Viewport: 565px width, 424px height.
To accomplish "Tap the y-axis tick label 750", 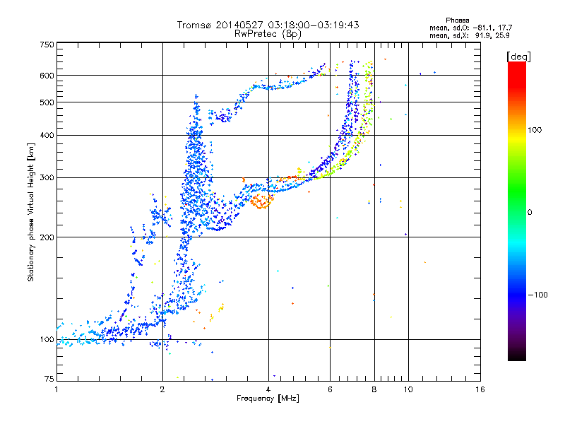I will (47, 45).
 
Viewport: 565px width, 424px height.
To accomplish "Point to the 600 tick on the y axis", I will (47, 76).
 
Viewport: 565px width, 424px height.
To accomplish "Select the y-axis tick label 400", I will (47, 136).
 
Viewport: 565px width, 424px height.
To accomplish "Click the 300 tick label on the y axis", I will (47, 178).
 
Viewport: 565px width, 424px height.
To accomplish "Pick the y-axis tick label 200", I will (47, 237).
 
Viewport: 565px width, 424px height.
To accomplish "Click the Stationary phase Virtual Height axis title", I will (31, 212).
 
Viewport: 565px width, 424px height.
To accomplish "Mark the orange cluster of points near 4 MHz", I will (262, 201).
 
